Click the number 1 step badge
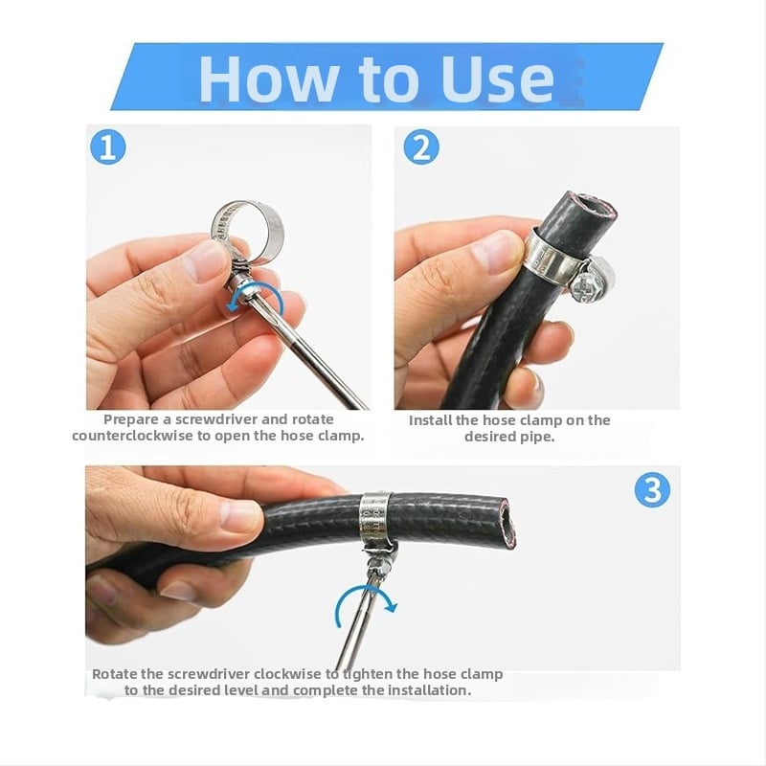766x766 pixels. (x=108, y=147)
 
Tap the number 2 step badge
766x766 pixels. (x=421, y=147)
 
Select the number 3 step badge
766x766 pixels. (x=652, y=489)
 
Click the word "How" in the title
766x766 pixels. (x=268, y=79)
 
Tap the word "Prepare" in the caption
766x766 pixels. (x=131, y=419)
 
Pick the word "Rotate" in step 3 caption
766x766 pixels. (x=115, y=674)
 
